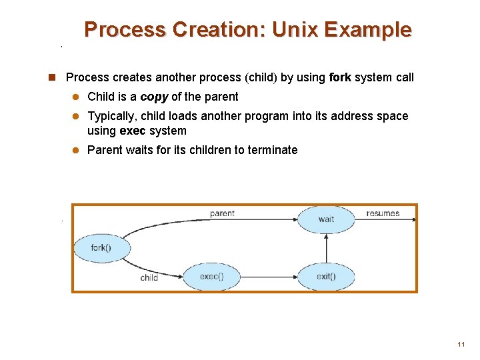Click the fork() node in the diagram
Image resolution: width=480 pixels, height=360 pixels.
coord(101,249)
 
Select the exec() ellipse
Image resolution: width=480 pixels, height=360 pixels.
coord(211,277)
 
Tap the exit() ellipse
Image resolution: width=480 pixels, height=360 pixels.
coord(326,277)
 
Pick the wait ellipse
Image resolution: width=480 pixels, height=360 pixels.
coord(326,219)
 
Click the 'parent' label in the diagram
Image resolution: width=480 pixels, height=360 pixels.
coord(222,213)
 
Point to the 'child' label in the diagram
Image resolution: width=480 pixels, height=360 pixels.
coord(149,277)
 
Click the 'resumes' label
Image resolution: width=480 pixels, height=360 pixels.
coord(383,213)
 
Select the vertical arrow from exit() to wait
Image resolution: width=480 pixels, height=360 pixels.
coord(326,247)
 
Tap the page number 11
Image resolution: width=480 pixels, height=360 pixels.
coord(461,345)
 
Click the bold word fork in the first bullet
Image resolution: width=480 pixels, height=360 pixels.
coord(340,77)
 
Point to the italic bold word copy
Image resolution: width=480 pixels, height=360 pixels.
coord(154,97)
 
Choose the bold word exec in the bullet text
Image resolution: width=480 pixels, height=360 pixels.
coord(133,131)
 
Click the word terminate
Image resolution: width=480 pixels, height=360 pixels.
coord(272,150)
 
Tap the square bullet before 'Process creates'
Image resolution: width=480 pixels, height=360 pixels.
coord(51,77)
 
